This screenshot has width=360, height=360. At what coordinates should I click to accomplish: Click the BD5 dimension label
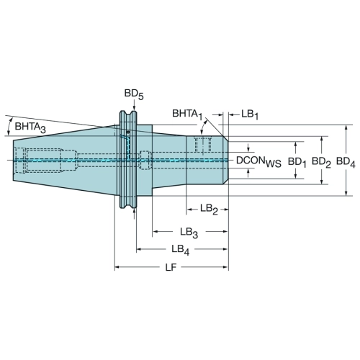[x=134, y=94]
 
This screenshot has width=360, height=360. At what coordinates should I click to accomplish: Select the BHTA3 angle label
[x=30, y=127]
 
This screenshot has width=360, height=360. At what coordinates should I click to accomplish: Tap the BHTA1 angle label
[x=187, y=114]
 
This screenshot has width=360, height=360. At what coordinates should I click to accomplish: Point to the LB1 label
[x=250, y=114]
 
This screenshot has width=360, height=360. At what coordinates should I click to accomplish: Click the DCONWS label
[x=258, y=161]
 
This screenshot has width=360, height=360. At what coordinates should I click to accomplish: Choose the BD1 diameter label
[x=297, y=163]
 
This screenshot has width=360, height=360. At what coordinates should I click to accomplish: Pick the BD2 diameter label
[x=321, y=162]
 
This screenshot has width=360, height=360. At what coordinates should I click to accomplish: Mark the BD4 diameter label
[x=346, y=162]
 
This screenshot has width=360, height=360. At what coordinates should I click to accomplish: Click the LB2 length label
[x=209, y=210]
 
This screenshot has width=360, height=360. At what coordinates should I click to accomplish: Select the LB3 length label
[x=189, y=233]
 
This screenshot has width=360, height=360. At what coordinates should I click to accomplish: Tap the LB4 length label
[x=181, y=250]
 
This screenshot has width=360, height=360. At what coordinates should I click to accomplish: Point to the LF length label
[x=171, y=267]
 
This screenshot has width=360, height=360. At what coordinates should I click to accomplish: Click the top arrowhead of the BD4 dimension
[x=346, y=127]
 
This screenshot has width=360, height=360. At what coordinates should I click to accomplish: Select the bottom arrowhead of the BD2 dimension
[x=322, y=181]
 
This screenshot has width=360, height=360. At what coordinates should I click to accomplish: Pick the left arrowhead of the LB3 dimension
[x=155, y=232]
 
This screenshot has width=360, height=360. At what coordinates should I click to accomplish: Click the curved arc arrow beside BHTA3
[x=9, y=127]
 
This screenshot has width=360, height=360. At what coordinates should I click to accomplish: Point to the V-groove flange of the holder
[x=128, y=159]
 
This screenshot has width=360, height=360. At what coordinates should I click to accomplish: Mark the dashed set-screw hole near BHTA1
[x=203, y=145]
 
